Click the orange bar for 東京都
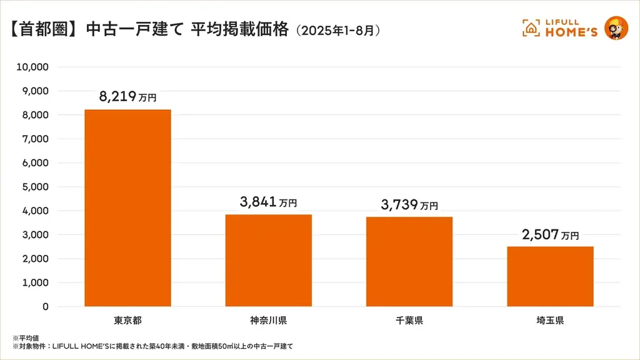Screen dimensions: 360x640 [x=127, y=208]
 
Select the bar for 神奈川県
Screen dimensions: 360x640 [x=268, y=261]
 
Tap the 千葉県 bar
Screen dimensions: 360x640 [x=409, y=262]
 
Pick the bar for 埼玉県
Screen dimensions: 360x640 [x=550, y=276]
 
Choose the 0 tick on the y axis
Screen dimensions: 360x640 [x=46, y=306]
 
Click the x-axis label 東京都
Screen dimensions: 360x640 [x=127, y=321]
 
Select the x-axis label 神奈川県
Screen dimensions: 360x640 [x=268, y=321]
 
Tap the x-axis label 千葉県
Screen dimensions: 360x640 [x=409, y=321]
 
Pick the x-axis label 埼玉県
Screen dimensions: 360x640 [x=550, y=321]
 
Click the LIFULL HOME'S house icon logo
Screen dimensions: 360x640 [x=531, y=27]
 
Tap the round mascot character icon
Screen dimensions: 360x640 [x=616, y=27]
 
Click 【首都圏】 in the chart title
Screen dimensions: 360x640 [x=43, y=29]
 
